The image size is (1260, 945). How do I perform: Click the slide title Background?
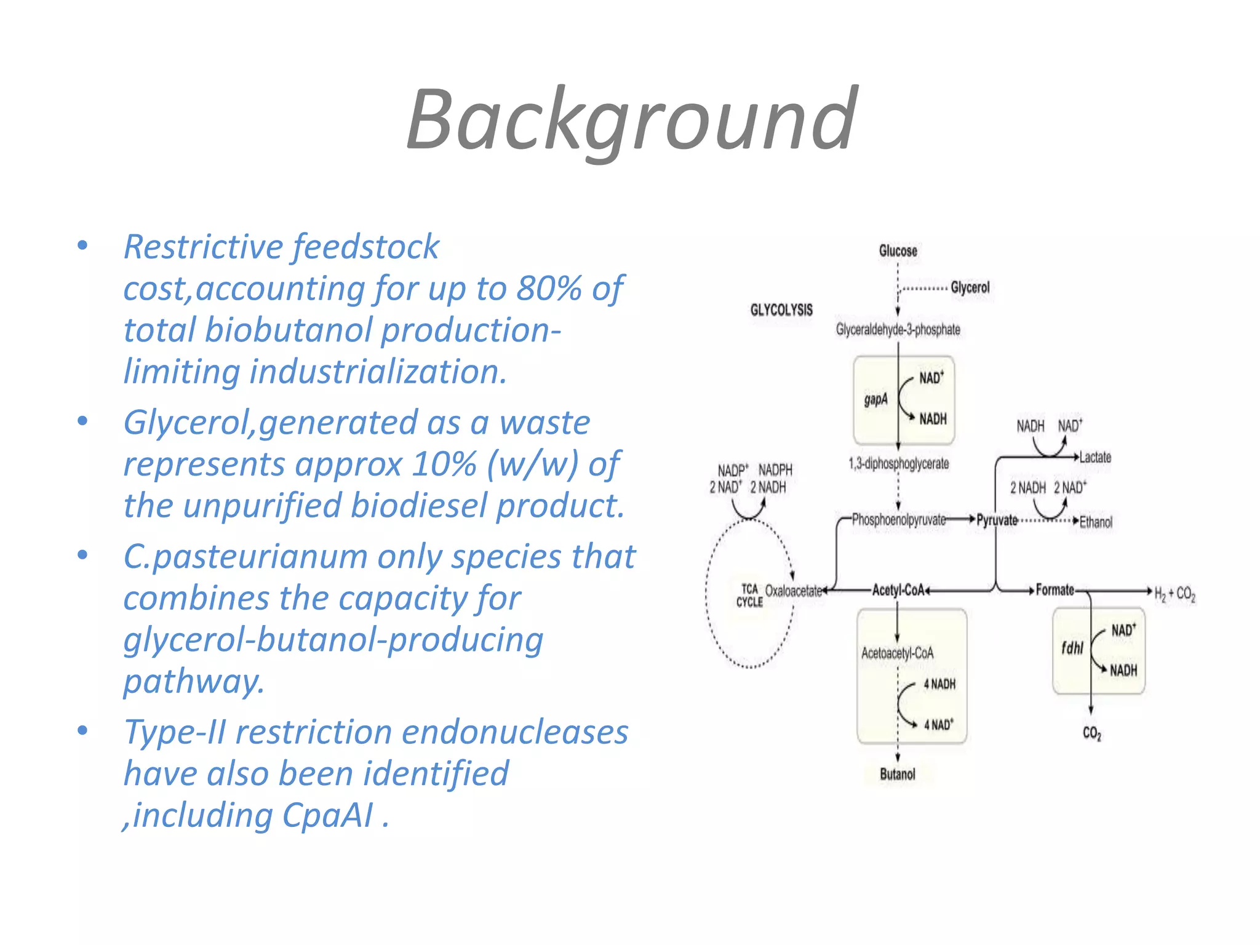[631, 120]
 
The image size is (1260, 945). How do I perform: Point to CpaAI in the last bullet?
[327, 815]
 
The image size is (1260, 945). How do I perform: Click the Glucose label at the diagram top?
[898, 251]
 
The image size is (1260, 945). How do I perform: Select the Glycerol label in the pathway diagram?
[970, 287]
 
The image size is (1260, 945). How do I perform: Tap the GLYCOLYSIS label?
[781, 310]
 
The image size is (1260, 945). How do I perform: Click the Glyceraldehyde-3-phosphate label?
[898, 330]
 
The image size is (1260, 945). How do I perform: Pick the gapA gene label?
[875, 400]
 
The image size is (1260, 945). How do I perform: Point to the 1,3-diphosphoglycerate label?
[898, 464]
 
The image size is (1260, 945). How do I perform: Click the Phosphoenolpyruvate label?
[898, 520]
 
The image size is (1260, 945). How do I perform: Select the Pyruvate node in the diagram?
[997, 520]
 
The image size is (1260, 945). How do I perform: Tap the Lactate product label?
[1095, 457]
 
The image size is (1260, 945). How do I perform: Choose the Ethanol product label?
[1096, 522]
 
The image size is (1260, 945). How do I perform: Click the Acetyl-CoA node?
[898, 591]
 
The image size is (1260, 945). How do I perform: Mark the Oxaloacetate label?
[793, 591]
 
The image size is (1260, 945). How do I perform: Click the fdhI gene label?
[1072, 648]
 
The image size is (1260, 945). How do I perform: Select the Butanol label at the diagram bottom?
[898, 774]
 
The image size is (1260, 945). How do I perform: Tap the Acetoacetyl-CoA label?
[897, 653]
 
